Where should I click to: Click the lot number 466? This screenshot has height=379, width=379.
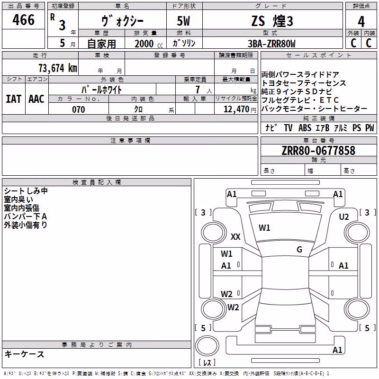23,20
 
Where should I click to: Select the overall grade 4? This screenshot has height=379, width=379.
361,22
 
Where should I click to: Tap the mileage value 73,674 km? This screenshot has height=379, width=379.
58,68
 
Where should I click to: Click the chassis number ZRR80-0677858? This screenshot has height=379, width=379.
318,151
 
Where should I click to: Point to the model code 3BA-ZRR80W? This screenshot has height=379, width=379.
271,44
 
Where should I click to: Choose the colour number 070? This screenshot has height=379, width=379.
78,109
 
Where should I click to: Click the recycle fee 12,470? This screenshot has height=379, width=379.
236,109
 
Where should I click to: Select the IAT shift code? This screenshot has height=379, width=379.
13,99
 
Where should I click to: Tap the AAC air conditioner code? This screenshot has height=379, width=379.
36,99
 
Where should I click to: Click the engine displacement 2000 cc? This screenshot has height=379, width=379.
149,44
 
